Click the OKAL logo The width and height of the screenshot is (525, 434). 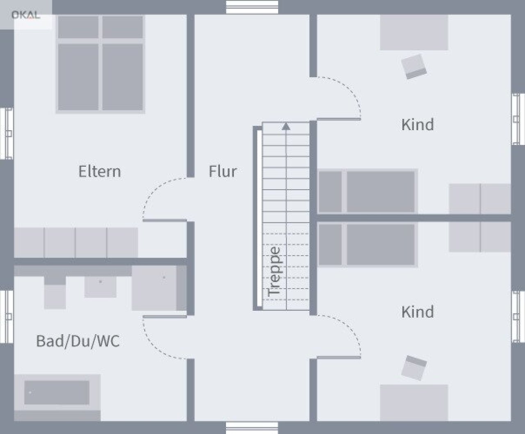26,15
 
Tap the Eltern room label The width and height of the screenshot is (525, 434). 100,172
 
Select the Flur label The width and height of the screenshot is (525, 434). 223,172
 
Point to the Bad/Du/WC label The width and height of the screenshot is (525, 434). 78,341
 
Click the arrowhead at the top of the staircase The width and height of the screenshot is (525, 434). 286,127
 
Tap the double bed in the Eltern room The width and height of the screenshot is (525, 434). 100,64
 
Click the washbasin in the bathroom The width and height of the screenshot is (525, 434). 100,287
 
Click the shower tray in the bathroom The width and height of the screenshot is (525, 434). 159,288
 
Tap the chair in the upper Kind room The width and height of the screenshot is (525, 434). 414,66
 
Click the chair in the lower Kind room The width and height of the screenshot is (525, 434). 414,368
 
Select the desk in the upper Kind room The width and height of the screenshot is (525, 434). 414,32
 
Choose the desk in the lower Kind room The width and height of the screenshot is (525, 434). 414,402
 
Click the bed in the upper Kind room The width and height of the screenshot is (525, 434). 367,192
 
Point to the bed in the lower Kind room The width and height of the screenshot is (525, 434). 367,244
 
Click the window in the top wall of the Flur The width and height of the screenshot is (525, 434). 252,7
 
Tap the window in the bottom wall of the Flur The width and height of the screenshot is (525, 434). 252,428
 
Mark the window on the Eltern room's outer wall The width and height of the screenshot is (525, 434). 7,133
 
